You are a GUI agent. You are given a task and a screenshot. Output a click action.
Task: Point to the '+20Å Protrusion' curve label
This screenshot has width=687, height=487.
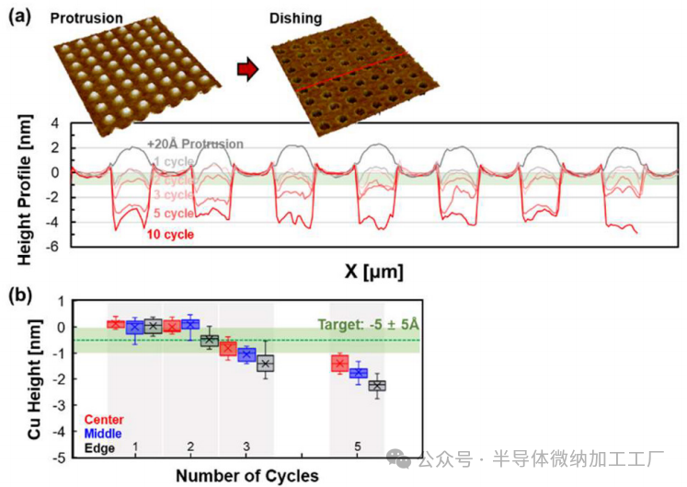pos(195,144)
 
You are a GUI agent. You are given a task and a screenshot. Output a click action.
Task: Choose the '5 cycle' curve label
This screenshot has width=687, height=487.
pos(173,213)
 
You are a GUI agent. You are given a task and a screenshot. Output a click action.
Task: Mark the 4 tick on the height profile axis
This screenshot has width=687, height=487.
pos(54,122)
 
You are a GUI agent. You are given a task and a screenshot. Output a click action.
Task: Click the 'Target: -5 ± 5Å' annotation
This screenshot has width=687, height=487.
pos(376,325)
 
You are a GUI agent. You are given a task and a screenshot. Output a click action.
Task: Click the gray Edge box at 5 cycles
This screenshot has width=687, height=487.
pos(375,385)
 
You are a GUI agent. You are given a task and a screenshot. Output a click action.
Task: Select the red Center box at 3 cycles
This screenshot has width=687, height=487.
pos(228,348)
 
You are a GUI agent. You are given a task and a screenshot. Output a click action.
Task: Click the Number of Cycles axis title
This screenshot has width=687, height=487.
pos(247,475)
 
